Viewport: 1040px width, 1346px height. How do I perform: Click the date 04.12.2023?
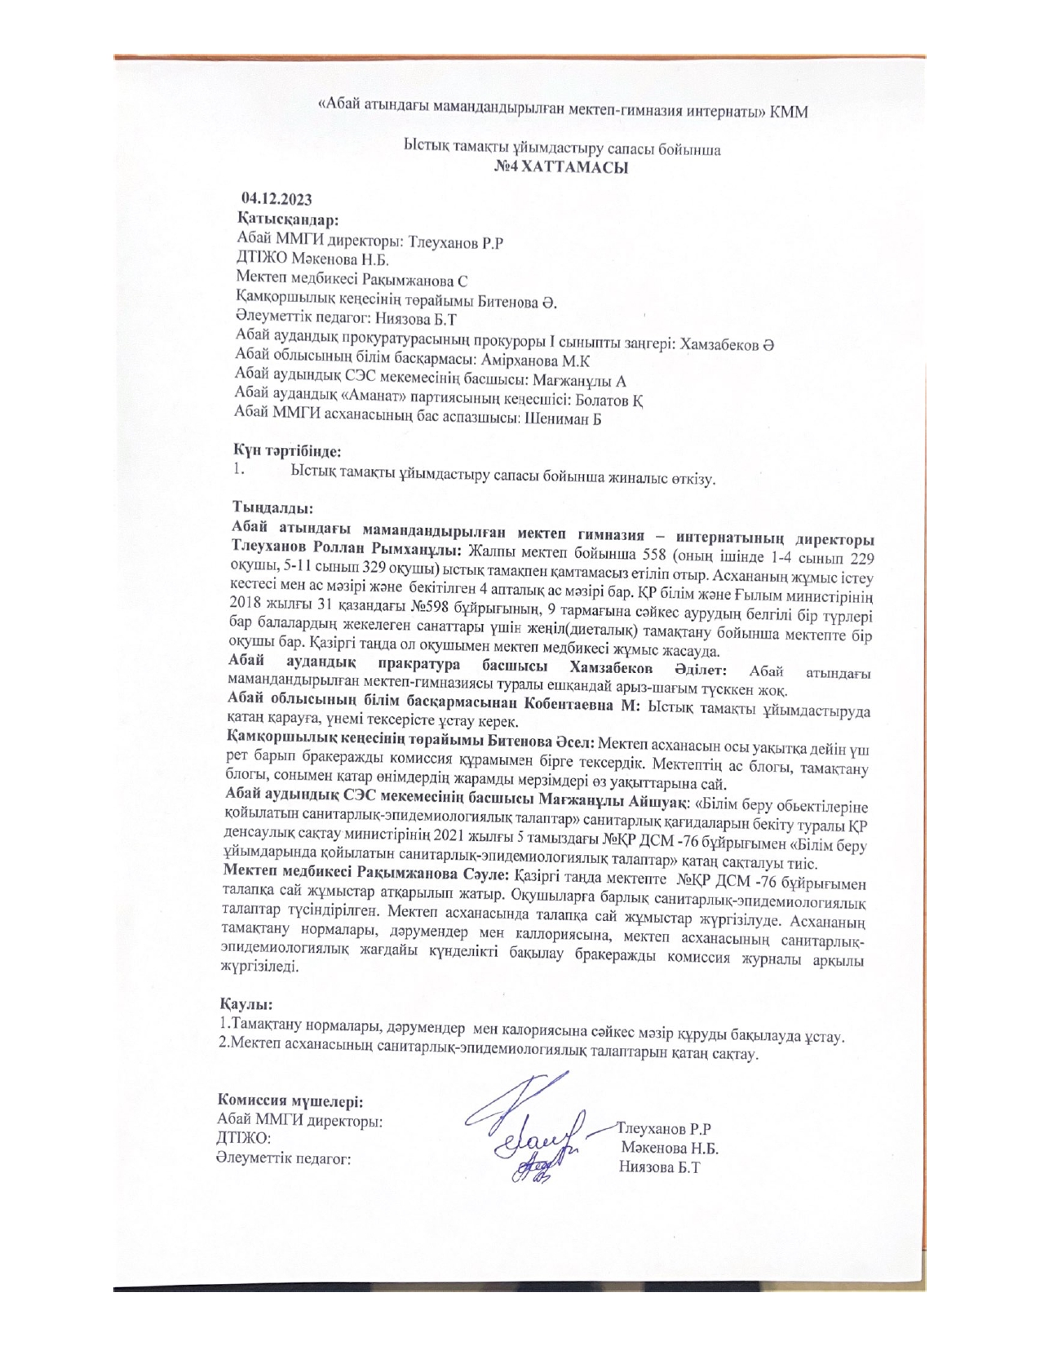pos(276,198)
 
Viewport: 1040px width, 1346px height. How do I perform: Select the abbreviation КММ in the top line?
pos(789,112)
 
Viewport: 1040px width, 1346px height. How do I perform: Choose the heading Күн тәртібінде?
pos(286,449)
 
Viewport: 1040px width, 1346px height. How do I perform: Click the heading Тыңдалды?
pos(267,507)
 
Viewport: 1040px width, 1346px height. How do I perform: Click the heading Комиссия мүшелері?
pos(289,1101)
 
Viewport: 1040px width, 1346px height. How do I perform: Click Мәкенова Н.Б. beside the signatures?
pos(669,1149)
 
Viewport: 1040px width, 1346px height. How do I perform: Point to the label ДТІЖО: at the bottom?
pos(243,1140)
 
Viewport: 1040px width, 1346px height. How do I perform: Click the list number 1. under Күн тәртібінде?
pos(238,469)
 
